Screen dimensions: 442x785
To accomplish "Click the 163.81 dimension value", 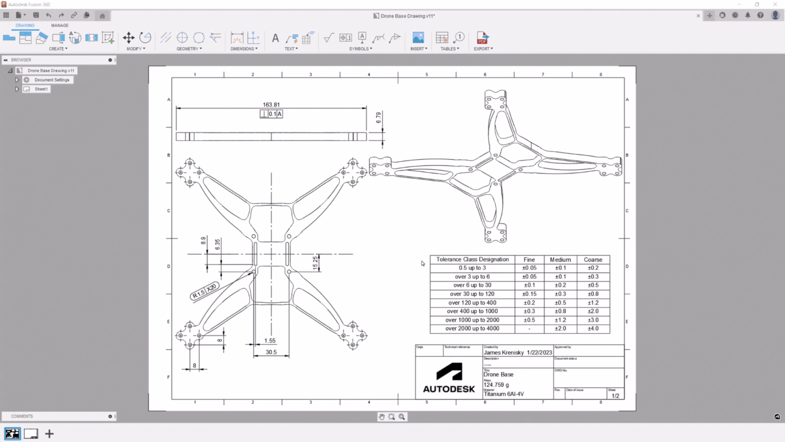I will [271, 105].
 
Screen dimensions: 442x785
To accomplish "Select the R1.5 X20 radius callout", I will [204, 291].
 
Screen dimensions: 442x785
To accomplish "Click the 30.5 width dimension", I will [271, 352].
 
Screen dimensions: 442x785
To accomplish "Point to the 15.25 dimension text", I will [315, 263].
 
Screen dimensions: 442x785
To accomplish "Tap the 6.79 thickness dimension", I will [379, 118].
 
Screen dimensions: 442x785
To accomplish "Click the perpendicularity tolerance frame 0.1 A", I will [271, 114].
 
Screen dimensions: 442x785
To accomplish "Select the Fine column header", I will [529, 260].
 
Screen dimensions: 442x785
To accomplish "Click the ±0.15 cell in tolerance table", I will [529, 294].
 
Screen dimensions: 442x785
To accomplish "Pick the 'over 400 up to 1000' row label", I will [472, 311].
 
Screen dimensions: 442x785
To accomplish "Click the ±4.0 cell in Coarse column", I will [593, 328].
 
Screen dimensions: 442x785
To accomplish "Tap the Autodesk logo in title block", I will [449, 378].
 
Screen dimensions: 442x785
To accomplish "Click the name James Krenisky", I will [504, 352].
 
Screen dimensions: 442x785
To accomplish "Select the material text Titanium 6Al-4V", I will [503, 394].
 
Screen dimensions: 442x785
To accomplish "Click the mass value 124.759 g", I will [496, 385].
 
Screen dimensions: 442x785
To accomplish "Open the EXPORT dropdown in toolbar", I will [483, 49].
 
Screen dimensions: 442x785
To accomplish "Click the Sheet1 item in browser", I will [41, 89].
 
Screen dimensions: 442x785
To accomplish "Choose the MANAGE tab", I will [59, 25].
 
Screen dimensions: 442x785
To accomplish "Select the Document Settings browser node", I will [52, 80].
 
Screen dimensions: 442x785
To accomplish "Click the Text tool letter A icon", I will [275, 38].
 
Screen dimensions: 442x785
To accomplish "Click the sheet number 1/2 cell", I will [615, 395].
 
